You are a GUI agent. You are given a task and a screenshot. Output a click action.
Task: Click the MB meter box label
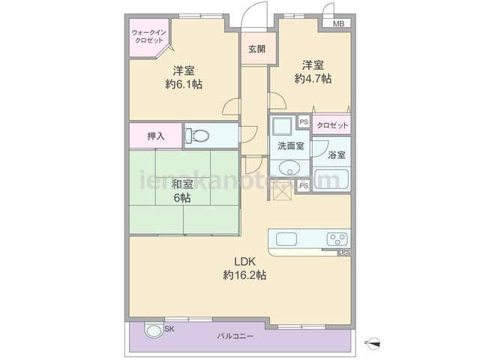pos(338,23)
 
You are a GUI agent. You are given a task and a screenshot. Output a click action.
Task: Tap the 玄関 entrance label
pos(256,49)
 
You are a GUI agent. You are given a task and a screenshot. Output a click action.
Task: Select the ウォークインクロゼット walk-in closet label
pos(149,37)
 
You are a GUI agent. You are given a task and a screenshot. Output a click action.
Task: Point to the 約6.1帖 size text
pos(184,84)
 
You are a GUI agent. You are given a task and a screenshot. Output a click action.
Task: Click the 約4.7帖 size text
pos(313,79)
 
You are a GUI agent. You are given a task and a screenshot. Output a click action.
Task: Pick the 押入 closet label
pos(156,136)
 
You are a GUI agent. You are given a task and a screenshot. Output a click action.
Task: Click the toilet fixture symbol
pos(197,136)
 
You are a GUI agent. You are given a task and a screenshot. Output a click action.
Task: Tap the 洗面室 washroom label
pos(291,145)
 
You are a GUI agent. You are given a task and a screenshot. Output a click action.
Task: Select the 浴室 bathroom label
pos(337,155)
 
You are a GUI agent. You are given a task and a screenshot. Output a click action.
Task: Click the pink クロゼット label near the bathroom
pos(332,125)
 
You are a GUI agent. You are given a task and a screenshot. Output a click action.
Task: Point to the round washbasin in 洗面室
pos(289,168)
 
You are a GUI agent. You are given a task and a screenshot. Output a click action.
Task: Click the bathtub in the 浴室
pos(331,179)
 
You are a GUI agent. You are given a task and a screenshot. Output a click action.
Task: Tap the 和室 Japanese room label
pos(182,184)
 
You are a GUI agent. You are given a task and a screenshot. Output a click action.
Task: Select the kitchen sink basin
pos(286,239)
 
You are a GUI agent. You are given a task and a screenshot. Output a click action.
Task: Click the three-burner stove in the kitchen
pos(337,239)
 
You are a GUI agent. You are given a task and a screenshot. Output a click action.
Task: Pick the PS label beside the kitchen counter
pos(345,252)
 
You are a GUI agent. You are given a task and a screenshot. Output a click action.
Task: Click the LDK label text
pos(244,262)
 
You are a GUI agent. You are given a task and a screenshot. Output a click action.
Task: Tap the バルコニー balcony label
pos(235,337)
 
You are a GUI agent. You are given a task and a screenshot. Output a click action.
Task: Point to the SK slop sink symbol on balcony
pos(154,331)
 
